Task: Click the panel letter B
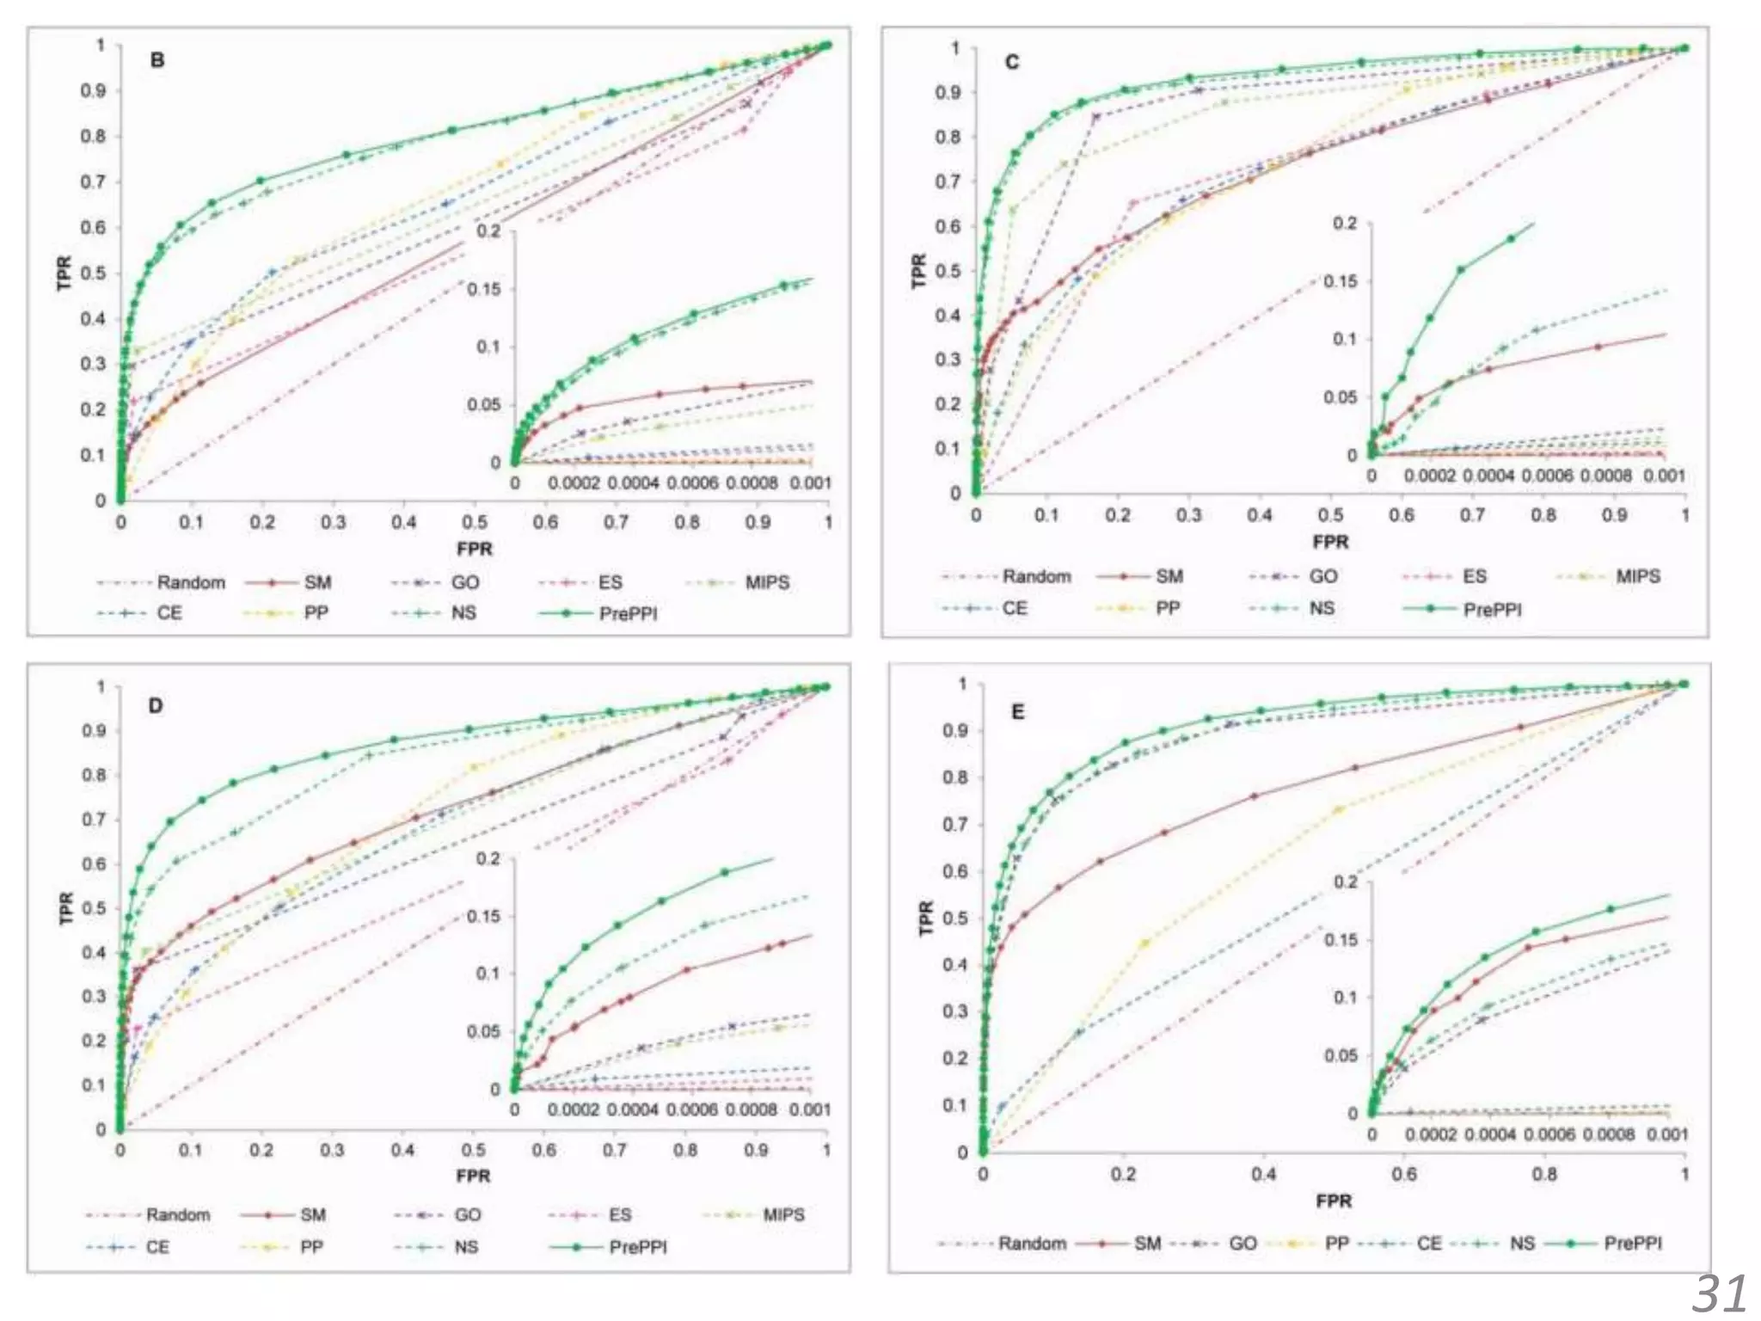click(157, 60)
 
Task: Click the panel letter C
click(1012, 62)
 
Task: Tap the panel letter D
click(156, 706)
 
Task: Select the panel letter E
click(1018, 712)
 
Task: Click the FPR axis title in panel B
click(475, 549)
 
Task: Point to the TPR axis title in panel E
click(926, 918)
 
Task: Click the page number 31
click(1719, 1293)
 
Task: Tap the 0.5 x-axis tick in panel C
click(1330, 515)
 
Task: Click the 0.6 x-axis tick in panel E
click(1404, 1174)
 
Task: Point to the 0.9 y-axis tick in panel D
click(101, 731)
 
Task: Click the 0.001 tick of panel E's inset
click(1666, 1134)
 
